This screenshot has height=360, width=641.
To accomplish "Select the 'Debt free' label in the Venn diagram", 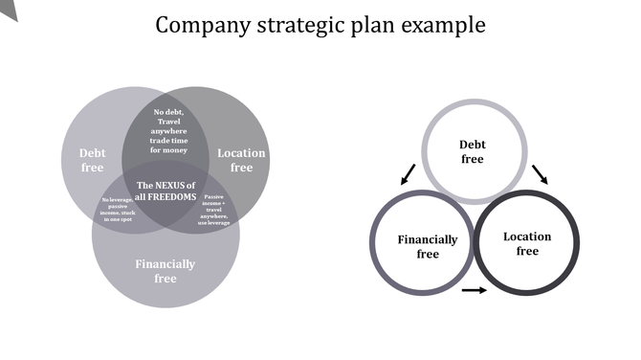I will pos(92,160).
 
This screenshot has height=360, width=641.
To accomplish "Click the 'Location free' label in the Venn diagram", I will pos(241,160).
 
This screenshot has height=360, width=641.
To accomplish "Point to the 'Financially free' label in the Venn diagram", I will pos(166,271).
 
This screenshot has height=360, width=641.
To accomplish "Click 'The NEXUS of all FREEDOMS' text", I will pos(166,191).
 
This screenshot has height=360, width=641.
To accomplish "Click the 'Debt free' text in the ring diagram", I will pos(473,152).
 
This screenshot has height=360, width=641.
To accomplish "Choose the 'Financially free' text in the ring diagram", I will pos(428,247).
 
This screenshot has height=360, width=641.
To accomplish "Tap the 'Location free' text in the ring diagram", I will pos(527,244).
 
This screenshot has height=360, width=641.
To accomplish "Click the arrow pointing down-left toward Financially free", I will pos(409,174).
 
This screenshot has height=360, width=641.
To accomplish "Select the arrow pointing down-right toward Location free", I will pos(540,173).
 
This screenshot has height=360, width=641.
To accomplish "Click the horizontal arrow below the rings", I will pos(474,289).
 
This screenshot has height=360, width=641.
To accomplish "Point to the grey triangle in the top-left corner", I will pos(7,8).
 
